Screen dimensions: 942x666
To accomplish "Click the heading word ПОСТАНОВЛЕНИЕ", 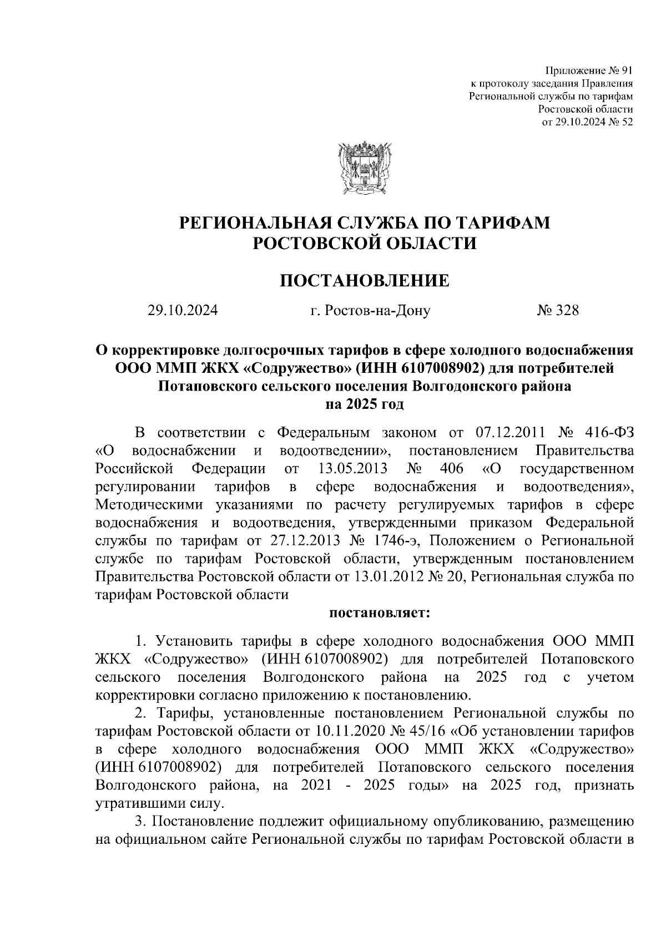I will click(x=364, y=281).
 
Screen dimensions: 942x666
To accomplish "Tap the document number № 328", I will click(x=557, y=311).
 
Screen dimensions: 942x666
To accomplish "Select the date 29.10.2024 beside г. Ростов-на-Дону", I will click(x=183, y=311).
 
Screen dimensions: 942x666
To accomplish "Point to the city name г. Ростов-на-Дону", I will click(x=370, y=311).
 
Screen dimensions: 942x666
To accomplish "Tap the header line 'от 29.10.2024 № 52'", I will click(x=587, y=121).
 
